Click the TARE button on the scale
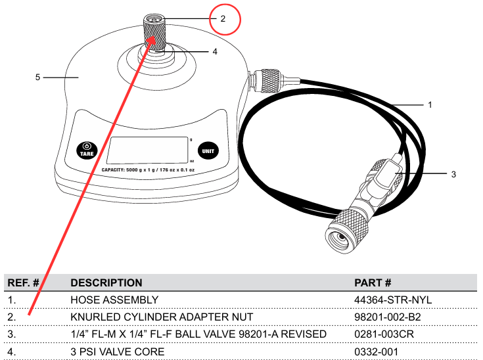pyautogui.click(x=87, y=150)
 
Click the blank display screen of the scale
pyautogui.click(x=147, y=150)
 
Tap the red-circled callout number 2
pyautogui.click(x=223, y=19)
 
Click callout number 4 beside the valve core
pyautogui.click(x=215, y=51)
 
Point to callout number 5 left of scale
pyautogui.click(x=37, y=77)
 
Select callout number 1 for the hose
pyautogui.click(x=430, y=105)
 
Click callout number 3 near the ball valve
pyautogui.click(x=453, y=174)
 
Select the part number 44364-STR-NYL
pyautogui.click(x=393, y=300)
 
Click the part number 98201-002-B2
pyautogui.click(x=388, y=317)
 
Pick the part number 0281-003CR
pyautogui.click(x=384, y=334)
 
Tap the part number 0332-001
pyautogui.click(x=376, y=351)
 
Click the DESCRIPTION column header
pyautogui.click(x=106, y=282)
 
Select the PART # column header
pyautogui.click(x=373, y=282)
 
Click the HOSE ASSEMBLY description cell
pyautogui.click(x=114, y=300)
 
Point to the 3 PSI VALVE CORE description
pyautogui.click(x=118, y=351)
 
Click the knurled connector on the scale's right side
pyautogui.click(x=270, y=81)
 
